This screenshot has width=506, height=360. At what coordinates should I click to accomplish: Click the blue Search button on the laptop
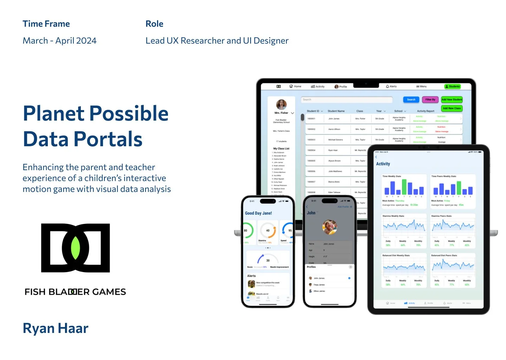tap(411, 99)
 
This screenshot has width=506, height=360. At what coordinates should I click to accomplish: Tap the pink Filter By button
tap(430, 99)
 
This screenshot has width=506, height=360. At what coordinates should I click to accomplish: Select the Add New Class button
tap(452, 108)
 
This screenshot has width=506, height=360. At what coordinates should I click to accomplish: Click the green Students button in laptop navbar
tap(453, 86)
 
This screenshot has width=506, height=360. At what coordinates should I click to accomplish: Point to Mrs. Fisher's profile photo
tap(281, 104)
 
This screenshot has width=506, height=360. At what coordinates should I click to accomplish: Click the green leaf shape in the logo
tap(75, 248)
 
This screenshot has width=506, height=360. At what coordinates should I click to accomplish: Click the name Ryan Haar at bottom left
tap(56, 328)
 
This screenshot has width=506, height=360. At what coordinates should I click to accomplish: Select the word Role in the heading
tap(154, 24)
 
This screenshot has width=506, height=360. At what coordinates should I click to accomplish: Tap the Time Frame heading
tap(46, 24)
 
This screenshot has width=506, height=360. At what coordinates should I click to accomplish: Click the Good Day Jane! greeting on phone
tap(258, 213)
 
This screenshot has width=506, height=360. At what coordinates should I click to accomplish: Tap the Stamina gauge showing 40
tap(268, 231)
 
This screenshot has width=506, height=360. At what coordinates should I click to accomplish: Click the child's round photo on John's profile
tap(330, 227)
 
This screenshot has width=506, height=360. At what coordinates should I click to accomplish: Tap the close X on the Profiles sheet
tap(350, 267)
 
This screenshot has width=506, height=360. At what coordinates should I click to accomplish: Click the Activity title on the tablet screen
tap(383, 164)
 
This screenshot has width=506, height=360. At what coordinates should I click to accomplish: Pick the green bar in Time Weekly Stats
tap(404, 187)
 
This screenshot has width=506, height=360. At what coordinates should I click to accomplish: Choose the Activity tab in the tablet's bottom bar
tap(410, 303)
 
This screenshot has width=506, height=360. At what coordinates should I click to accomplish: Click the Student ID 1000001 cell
tap(311, 119)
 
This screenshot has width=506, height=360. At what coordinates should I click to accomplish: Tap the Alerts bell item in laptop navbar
tap(391, 86)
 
